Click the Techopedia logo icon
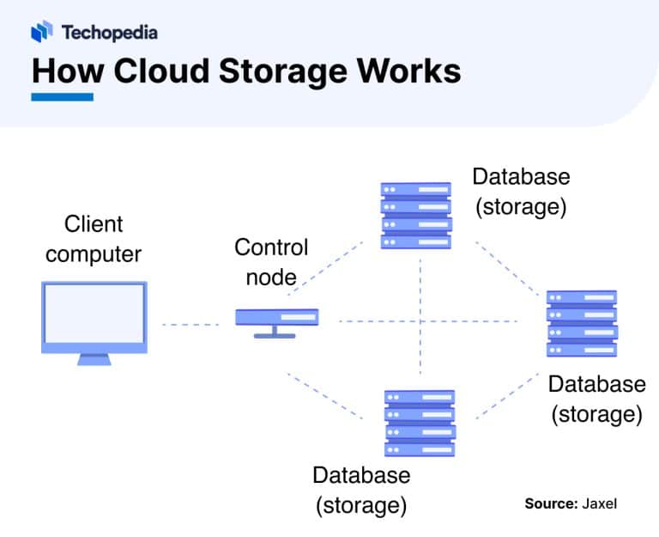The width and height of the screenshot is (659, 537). pos(42,33)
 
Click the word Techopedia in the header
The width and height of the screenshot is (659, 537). pos(109,33)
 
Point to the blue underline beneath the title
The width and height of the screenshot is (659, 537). pos(62,97)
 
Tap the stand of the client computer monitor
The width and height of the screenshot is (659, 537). pos(94,359)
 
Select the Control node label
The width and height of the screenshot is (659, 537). pos(271,262)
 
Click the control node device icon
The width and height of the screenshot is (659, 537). pos(276,320)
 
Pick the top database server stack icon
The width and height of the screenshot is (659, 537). pos(416,214)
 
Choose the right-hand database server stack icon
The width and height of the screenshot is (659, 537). pos(582,323)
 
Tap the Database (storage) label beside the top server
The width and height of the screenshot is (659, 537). pos(521,192)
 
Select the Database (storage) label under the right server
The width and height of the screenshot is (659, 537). pos(596,399)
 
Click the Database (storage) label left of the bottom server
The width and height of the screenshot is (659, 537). pos(361,490)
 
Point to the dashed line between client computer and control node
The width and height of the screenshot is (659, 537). pos(190,325)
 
